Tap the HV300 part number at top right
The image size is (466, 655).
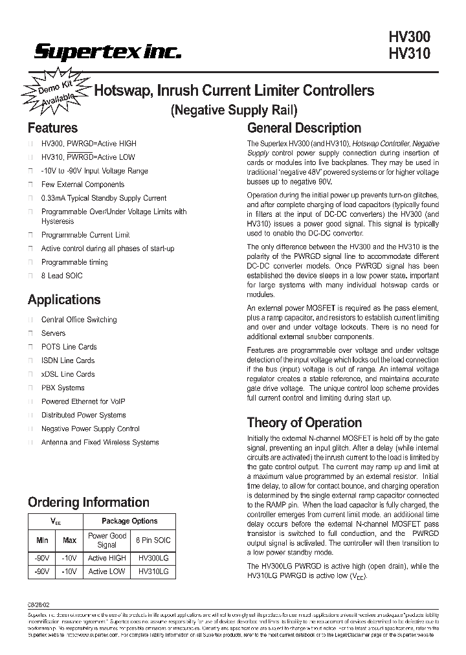[x=410, y=38]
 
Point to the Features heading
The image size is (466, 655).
[x=52, y=128]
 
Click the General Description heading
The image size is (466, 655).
[x=304, y=128]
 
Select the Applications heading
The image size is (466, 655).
[x=64, y=300]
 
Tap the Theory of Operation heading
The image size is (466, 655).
[x=304, y=423]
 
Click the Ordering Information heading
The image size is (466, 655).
[x=88, y=502]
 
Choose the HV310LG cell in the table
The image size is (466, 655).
[x=153, y=572]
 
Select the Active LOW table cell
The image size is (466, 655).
[x=107, y=572]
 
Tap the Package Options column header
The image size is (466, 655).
[x=129, y=521]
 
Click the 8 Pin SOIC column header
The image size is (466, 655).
[x=153, y=540]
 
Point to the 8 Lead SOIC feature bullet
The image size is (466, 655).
[x=61, y=276]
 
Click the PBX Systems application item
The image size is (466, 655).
[x=63, y=388]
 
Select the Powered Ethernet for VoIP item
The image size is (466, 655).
[x=83, y=401]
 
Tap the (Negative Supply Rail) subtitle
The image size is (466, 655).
[x=234, y=109]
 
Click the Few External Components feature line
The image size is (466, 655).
[x=83, y=184]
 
